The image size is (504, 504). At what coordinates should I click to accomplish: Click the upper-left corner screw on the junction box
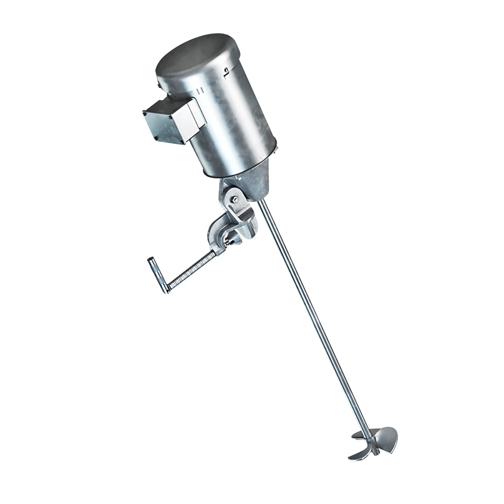(147, 113)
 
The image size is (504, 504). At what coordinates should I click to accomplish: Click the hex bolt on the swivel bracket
(233, 200)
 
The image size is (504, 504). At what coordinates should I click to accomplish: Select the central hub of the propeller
(372, 442)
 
